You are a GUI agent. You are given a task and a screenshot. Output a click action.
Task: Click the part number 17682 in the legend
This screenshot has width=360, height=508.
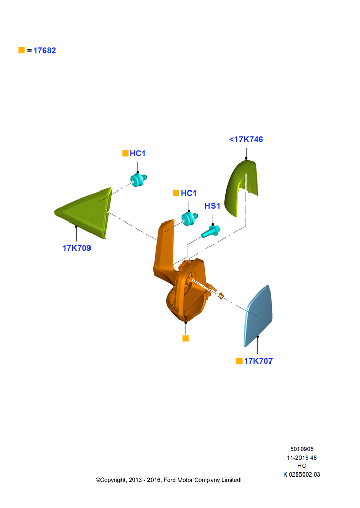pyautogui.click(x=44, y=50)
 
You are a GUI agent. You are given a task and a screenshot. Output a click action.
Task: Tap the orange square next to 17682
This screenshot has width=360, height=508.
pyautogui.click(x=22, y=50)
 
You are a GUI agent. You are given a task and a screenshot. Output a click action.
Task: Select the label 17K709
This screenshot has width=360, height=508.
pyautogui.click(x=77, y=248)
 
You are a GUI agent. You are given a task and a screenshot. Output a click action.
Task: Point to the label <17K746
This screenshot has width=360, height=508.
pyautogui.click(x=246, y=139)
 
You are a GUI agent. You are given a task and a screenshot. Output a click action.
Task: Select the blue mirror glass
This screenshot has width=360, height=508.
pyautogui.click(x=258, y=316)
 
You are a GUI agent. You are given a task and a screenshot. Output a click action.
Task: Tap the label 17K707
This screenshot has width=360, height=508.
pyautogui.click(x=258, y=361)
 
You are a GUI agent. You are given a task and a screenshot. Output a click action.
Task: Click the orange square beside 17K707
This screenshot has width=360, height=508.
pyautogui.click(x=239, y=361)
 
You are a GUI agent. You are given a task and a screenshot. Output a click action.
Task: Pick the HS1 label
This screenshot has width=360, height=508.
pyautogui.click(x=213, y=206)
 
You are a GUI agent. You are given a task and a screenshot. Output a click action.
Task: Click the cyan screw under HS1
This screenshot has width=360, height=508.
pyautogui.click(x=211, y=231)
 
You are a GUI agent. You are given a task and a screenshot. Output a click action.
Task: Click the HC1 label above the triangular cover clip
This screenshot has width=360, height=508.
pyautogui.click(x=137, y=153)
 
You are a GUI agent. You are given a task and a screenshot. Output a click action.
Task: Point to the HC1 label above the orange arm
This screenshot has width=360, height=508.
pyautogui.click(x=189, y=193)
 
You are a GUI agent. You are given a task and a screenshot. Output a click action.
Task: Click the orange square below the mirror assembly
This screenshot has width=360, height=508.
pyautogui.click(x=186, y=338)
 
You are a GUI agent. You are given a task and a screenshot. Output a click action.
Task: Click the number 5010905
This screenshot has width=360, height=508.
pyautogui.click(x=302, y=449)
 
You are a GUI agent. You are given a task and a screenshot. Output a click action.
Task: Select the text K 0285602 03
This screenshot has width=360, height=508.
pyautogui.click(x=302, y=474)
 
